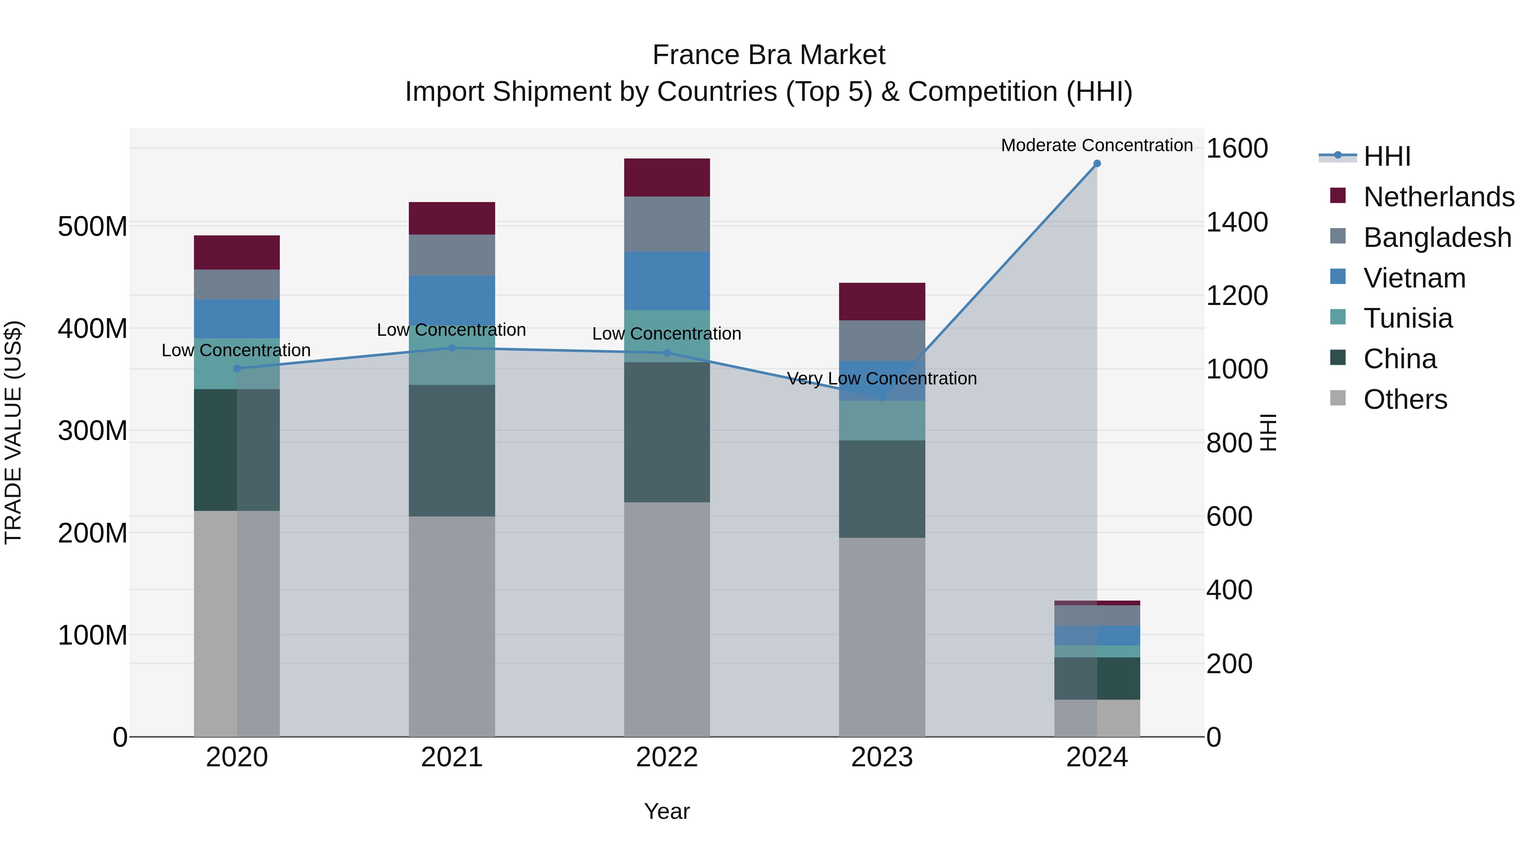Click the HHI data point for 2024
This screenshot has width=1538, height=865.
coord(1097,164)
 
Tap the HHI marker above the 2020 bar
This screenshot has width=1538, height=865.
coord(237,368)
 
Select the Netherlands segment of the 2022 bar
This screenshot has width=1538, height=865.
coord(667,177)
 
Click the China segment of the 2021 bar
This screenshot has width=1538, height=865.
coord(452,451)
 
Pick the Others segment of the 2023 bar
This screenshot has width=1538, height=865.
coord(882,637)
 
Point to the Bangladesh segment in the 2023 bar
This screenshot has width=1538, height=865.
coord(882,340)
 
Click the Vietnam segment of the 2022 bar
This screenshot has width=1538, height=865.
coord(667,281)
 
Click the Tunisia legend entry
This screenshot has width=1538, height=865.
coord(1408,318)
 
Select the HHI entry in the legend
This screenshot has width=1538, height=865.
coord(1387,156)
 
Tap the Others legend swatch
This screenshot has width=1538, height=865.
coord(1338,398)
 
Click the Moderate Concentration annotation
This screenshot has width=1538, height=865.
coord(1097,145)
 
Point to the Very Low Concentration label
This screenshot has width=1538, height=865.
coord(882,378)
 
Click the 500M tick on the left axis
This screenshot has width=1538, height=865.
coord(93,227)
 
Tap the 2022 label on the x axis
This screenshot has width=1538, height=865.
coord(667,757)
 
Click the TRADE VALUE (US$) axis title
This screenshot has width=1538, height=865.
coord(13,432)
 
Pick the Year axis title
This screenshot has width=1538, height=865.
coord(667,811)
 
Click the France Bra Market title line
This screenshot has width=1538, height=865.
coord(769,55)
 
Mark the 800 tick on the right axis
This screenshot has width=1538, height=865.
coord(1229,443)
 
